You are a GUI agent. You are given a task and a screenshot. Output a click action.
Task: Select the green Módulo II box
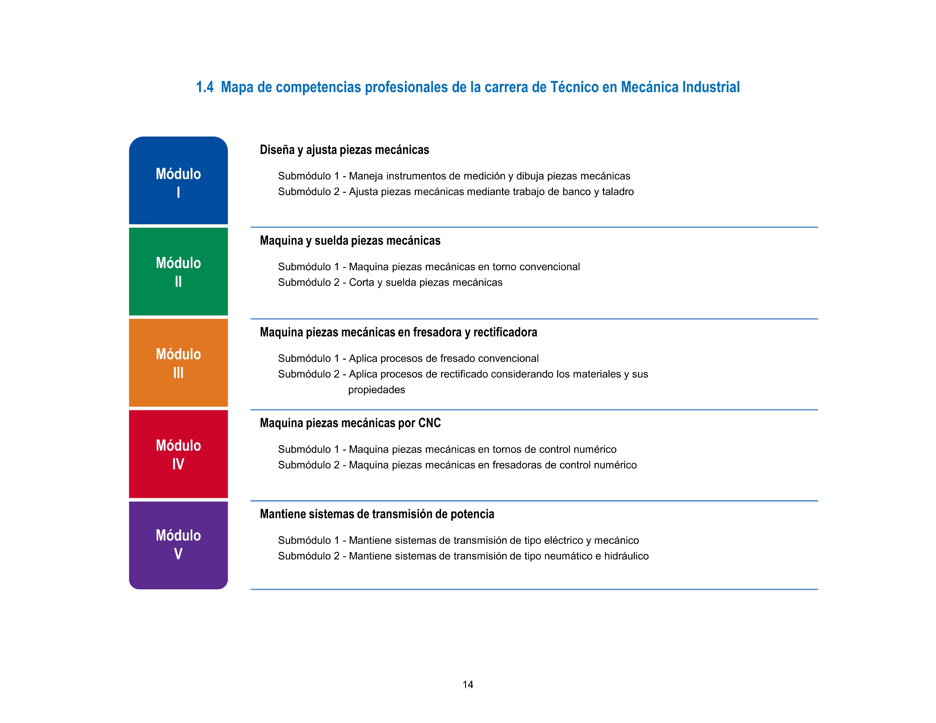tap(178, 272)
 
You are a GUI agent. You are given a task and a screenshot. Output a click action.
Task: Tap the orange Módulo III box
tap(178, 363)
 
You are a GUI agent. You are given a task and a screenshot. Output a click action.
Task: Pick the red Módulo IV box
tap(178, 454)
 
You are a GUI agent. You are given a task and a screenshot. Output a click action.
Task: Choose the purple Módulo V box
tap(178, 545)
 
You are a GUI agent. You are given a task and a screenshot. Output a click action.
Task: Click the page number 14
tap(467, 684)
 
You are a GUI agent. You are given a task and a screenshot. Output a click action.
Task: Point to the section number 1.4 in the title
tap(205, 87)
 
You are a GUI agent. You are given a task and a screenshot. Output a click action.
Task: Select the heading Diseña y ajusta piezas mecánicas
tap(344, 150)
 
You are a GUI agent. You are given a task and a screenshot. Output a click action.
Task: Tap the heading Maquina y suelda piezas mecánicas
tap(350, 241)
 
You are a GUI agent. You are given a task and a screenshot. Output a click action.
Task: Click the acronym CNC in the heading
tap(429, 423)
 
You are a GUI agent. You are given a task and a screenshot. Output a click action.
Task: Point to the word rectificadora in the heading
tap(505, 332)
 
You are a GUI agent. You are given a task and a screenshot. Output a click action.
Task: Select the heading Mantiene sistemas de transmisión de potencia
tap(377, 514)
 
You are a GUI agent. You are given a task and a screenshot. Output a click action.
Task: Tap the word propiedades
tap(376, 390)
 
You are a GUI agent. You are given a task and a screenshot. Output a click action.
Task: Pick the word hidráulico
tap(626, 556)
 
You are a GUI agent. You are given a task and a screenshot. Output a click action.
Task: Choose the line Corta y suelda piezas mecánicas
tap(425, 282)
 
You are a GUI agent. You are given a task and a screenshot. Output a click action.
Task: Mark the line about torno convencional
tap(429, 267)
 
